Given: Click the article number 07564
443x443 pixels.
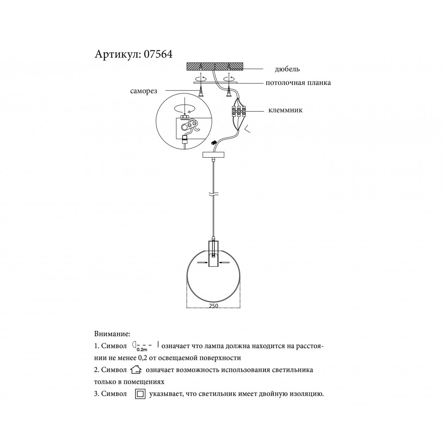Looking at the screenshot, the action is [158, 54].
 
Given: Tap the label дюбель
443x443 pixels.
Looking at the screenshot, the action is [287, 69].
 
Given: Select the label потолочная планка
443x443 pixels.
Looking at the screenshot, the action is [298, 83].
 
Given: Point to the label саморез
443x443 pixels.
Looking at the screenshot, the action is [144, 91].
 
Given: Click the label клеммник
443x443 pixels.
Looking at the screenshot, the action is [285, 110].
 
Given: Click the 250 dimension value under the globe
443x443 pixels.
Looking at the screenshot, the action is [214, 306].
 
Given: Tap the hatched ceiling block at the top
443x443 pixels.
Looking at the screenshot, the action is [215, 66].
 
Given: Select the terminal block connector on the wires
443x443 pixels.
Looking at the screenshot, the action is [238, 111].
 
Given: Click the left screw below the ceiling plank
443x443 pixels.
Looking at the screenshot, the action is [201, 91].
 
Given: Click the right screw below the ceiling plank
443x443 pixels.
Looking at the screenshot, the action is [228, 91].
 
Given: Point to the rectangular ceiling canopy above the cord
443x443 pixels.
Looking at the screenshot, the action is [214, 155].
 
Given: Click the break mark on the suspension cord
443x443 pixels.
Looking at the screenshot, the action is [214, 195].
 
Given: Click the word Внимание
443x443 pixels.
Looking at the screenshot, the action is [112, 334].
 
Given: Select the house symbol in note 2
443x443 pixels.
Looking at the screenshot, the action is [136, 369].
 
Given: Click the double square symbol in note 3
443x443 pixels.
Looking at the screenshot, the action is [140, 394].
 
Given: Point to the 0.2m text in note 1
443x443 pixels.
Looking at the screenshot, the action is [142, 350].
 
